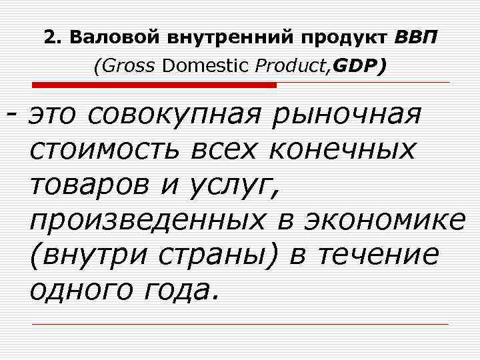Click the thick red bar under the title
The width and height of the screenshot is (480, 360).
[154, 85]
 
